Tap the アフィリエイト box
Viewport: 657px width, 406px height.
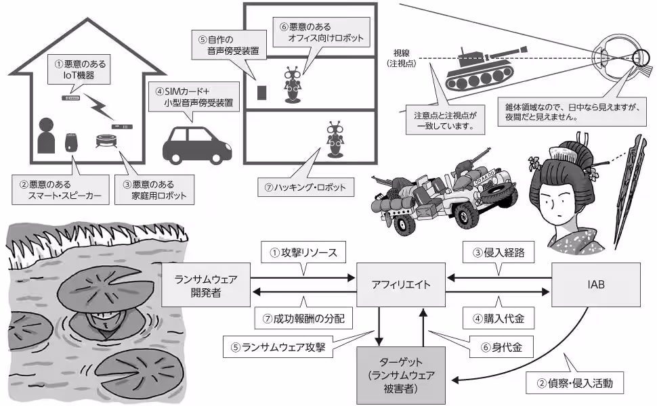coord(402,284)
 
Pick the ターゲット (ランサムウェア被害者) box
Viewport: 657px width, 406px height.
coord(402,373)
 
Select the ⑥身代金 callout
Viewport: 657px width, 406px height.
coord(500,348)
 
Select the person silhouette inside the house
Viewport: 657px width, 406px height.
coord(46,137)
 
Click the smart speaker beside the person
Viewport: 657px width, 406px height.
coord(70,143)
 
